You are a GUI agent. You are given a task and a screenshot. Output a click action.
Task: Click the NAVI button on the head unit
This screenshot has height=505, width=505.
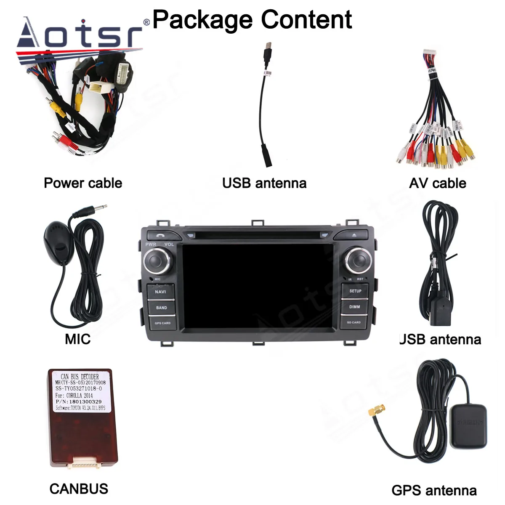pos(160,291)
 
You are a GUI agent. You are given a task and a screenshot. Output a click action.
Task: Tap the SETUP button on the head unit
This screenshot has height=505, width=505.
pos(355,291)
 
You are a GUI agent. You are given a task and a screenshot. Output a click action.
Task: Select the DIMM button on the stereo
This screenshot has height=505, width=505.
pos(355,307)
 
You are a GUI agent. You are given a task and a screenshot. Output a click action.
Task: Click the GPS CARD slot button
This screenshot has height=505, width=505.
pos(162,323)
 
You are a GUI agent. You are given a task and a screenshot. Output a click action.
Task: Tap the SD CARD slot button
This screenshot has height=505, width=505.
pos(353,322)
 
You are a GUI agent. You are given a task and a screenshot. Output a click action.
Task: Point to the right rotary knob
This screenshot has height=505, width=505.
pos(357,260)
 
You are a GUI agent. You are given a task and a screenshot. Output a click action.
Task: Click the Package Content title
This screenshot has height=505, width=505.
pos(252,19)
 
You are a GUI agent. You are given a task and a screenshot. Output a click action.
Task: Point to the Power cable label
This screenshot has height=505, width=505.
pos(83,183)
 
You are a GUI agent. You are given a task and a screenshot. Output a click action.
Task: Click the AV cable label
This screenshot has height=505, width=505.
pos(437,183)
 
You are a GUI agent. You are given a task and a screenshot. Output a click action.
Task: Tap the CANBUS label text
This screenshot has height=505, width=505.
pos(79,489)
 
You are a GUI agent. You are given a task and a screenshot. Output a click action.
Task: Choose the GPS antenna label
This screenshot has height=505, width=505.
pos(434,490)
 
